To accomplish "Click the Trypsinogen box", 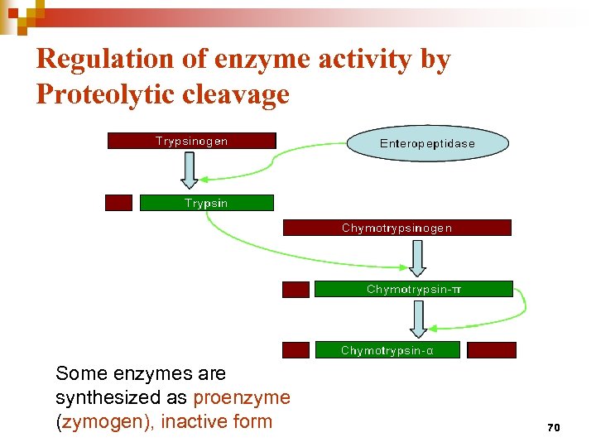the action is [x=191, y=141].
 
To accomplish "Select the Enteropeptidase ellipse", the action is [x=427, y=143].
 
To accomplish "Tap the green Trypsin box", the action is [x=206, y=203].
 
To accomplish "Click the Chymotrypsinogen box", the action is [x=397, y=228].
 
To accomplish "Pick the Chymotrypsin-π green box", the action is [x=414, y=289].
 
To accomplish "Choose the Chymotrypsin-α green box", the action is [x=387, y=350].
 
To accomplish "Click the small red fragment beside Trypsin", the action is [x=118, y=203].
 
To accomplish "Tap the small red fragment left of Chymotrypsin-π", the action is [x=296, y=289].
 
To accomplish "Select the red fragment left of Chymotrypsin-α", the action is [x=296, y=350].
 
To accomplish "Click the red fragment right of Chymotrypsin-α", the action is [x=491, y=350].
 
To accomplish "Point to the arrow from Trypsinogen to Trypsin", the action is [x=190, y=170].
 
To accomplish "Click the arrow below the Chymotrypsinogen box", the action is [x=417, y=257].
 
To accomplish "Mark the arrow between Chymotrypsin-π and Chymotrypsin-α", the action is [x=418, y=319].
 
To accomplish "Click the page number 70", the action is [x=554, y=428].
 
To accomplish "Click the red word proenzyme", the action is [x=242, y=397].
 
